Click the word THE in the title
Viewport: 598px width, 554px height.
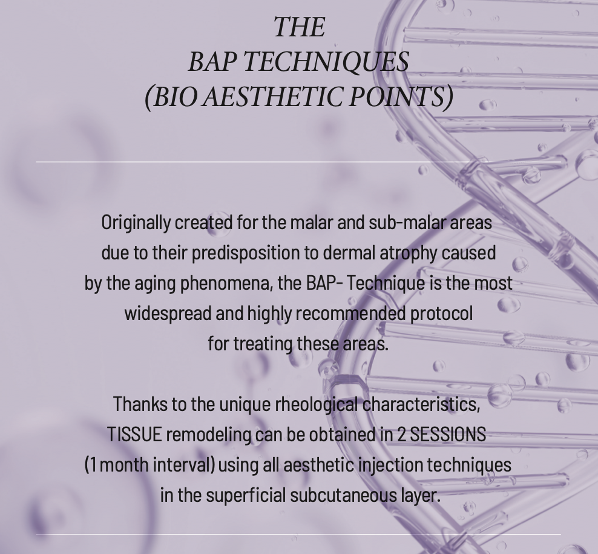point(299,27)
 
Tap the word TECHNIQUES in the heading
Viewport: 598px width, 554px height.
point(326,62)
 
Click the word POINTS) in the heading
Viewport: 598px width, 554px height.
point(401,97)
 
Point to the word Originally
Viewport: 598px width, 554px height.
point(136,223)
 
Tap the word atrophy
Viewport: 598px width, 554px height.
point(408,253)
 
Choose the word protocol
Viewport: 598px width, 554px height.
point(441,314)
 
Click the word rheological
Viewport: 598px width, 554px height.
point(316,405)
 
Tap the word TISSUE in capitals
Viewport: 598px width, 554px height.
point(134,435)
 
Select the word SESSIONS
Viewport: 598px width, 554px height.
point(447,435)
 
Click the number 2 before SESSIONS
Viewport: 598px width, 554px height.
point(401,435)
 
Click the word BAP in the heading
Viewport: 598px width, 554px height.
point(212,62)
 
